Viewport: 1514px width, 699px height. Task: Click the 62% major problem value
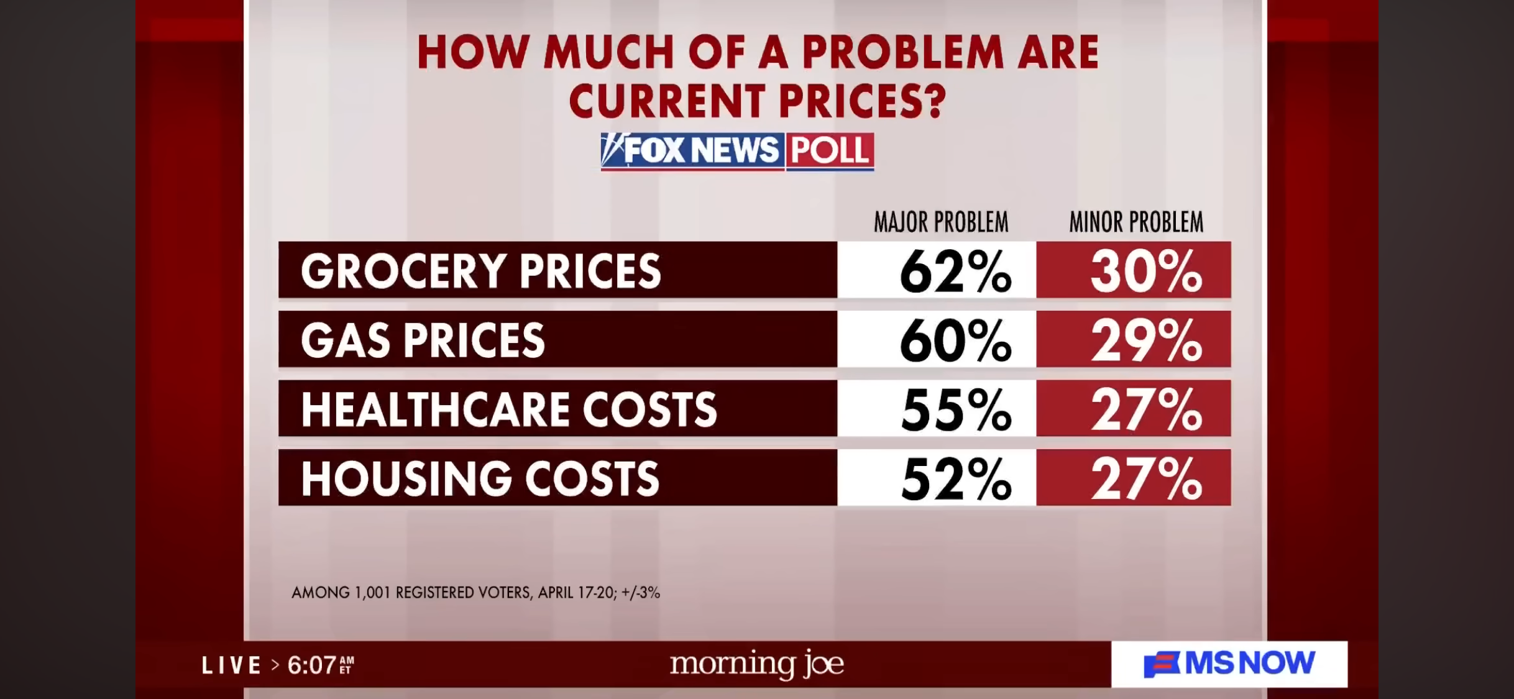(x=955, y=272)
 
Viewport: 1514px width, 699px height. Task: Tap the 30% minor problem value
(x=1145, y=272)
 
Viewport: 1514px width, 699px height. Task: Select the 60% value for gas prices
(x=955, y=340)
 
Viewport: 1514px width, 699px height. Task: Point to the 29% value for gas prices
(x=1145, y=340)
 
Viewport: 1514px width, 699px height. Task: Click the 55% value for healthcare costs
(x=955, y=410)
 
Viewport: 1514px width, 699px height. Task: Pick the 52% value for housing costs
(x=955, y=479)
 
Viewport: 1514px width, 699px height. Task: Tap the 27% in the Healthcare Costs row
(x=1145, y=410)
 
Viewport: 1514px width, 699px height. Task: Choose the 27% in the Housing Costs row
(x=1145, y=479)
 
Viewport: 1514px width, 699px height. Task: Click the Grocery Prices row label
(x=480, y=272)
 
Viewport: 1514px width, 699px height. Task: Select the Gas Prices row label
(x=423, y=340)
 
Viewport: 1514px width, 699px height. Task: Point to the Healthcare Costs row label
(x=508, y=410)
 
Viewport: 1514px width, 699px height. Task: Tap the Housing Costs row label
(x=480, y=479)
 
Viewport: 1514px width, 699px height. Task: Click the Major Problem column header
(x=941, y=222)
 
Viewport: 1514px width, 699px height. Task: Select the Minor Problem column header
(x=1136, y=222)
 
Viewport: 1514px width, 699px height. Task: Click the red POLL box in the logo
(x=830, y=150)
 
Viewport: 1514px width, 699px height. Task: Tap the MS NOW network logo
(x=1229, y=664)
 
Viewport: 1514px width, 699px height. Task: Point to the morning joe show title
(x=756, y=664)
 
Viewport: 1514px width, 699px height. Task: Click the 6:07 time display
(x=313, y=665)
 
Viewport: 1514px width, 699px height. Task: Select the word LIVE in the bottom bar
(x=231, y=665)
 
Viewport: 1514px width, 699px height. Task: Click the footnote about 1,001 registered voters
(x=475, y=593)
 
